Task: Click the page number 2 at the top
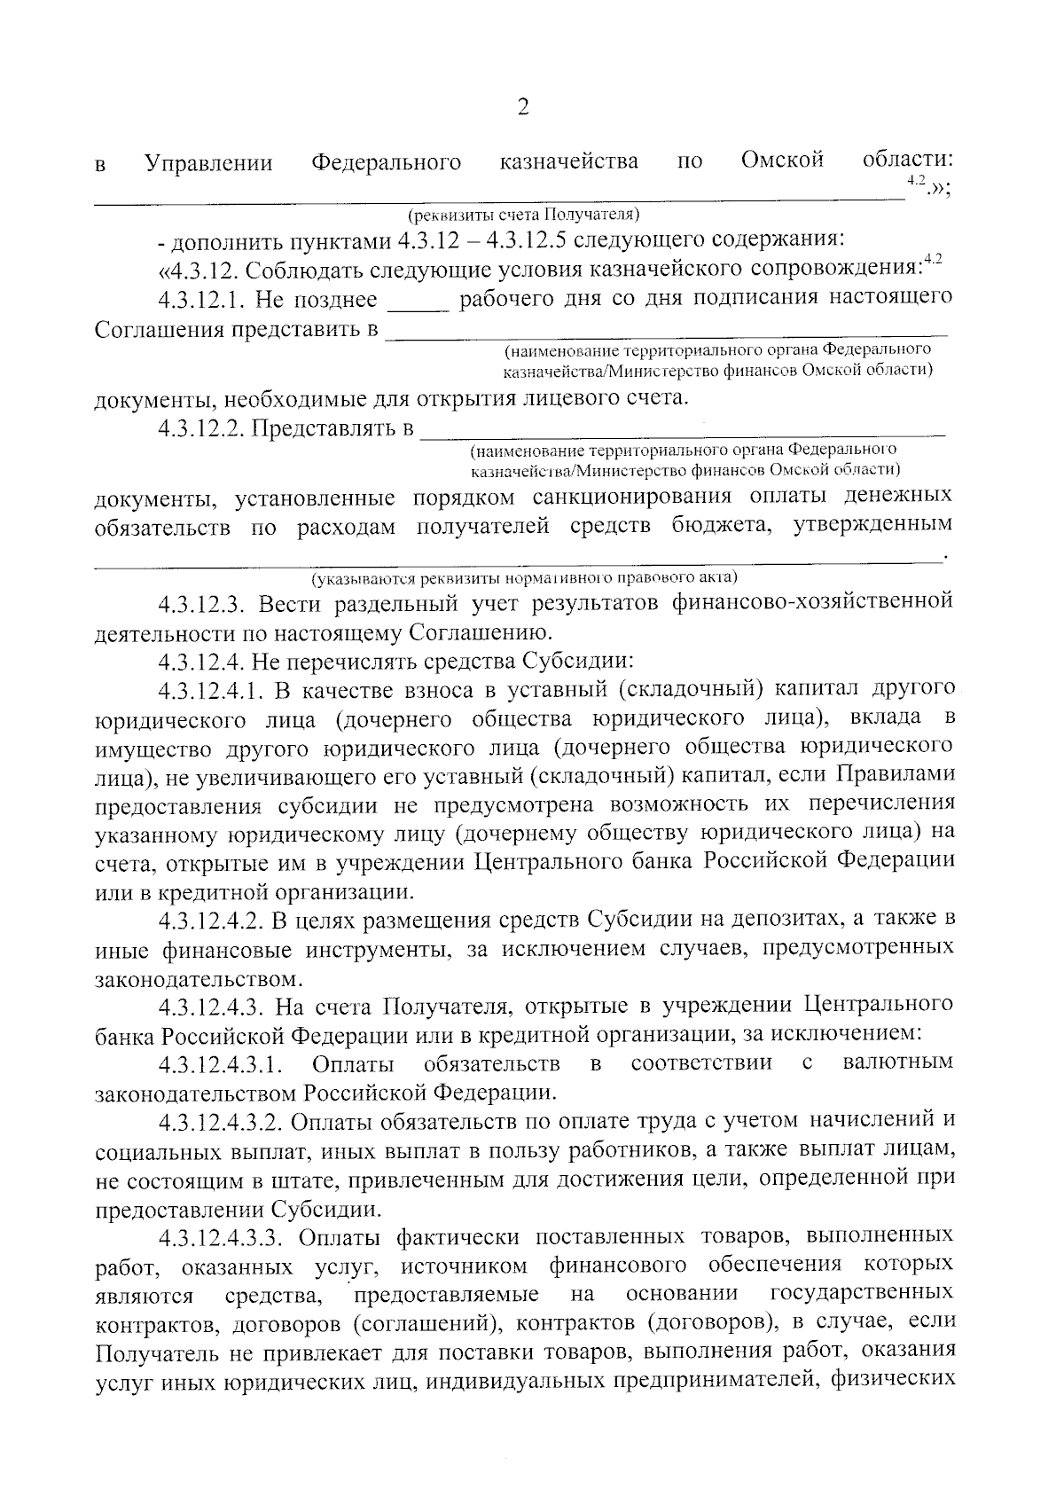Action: [522, 108]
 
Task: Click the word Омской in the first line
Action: [782, 160]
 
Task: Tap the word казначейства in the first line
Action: [568, 161]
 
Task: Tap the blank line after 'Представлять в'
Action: [683, 434]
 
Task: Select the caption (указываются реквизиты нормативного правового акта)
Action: [523, 578]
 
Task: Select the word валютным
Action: [898, 1062]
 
